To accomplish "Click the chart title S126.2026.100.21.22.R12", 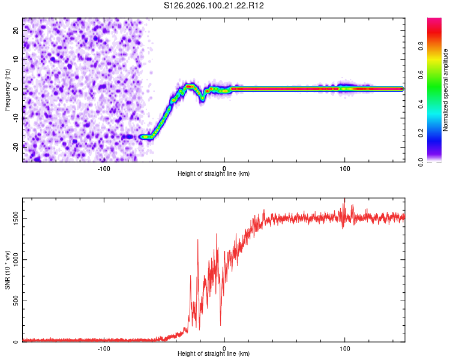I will [214, 5].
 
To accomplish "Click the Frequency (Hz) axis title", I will [7, 89].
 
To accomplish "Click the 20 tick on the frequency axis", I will [16, 29].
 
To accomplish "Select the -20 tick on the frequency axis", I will [15, 146].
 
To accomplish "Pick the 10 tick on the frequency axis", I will [16, 59].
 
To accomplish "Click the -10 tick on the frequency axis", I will [15, 118].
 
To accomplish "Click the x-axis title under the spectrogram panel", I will [214, 173].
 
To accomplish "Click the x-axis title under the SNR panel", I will [214, 353].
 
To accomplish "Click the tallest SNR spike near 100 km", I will [344, 200].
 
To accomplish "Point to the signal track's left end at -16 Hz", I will [142, 137].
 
